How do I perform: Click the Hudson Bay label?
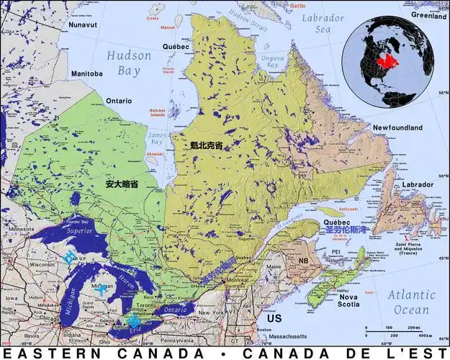point(129,63)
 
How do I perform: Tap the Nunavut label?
point(83,24)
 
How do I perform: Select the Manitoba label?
point(86,73)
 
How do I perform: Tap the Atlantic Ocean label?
point(411,302)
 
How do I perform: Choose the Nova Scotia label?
point(349,300)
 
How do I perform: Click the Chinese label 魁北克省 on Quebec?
point(206,145)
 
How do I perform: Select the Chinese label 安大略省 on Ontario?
point(122,184)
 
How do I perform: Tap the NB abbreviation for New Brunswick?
point(304,261)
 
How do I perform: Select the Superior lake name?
point(79,231)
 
